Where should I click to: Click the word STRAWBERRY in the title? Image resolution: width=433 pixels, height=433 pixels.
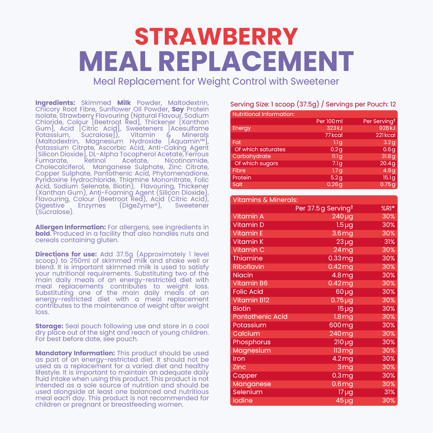pyautogui.click(x=216, y=36)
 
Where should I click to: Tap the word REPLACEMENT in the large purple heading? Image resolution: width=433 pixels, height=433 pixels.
pyautogui.click(x=256, y=61)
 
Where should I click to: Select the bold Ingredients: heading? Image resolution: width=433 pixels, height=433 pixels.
pyautogui.click(x=55, y=103)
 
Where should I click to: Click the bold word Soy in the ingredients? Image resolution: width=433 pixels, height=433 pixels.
pyautogui.click(x=178, y=109)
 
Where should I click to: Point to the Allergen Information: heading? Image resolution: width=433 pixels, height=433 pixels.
pyautogui.click(x=71, y=227)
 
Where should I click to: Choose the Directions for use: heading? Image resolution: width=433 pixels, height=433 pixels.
pyautogui.click(x=66, y=254)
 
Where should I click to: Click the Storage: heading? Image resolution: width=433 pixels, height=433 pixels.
pyautogui.click(x=49, y=326)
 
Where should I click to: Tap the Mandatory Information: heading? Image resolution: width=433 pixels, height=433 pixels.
pyautogui.click(x=75, y=353)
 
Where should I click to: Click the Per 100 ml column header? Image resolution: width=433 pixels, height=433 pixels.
pyautogui.click(x=329, y=121)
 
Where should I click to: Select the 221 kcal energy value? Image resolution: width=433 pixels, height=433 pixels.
pyautogui.click(x=385, y=135)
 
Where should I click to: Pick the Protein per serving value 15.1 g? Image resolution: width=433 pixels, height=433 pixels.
pyautogui.click(x=389, y=178)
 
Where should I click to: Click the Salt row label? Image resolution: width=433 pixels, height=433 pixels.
pyautogui.click(x=237, y=184)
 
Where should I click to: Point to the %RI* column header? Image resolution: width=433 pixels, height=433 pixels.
pyautogui.click(x=388, y=208)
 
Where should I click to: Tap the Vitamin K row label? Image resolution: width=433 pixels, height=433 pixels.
pyautogui.click(x=248, y=242)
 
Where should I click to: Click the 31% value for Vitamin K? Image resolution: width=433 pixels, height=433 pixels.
pyautogui.click(x=389, y=242)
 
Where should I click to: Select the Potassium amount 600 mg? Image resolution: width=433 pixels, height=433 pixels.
pyautogui.click(x=341, y=325)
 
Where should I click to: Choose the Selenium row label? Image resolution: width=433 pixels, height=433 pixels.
pyautogui.click(x=248, y=392)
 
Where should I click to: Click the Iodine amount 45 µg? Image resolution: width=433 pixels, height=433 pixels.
pyautogui.click(x=344, y=401)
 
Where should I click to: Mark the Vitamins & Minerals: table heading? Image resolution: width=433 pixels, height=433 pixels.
pyautogui.click(x=265, y=200)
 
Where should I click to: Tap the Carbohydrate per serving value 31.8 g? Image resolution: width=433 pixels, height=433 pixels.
pyautogui.click(x=388, y=156)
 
